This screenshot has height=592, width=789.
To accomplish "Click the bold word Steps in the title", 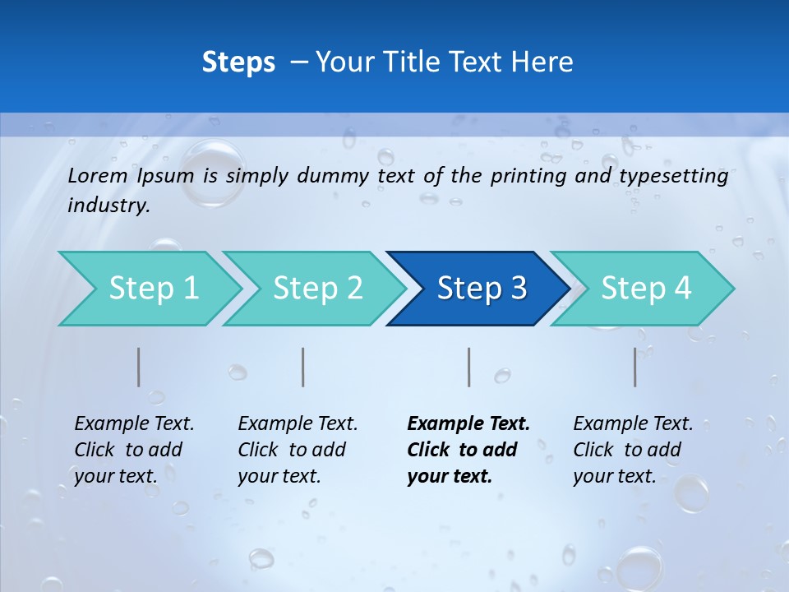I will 238,62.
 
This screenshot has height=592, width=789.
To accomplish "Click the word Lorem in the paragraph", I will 98,175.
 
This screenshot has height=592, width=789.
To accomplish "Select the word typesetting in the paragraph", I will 673,175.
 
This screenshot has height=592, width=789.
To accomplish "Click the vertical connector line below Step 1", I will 139,367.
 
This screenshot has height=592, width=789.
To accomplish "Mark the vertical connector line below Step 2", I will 303,367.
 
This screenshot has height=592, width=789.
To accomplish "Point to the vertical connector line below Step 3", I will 469,367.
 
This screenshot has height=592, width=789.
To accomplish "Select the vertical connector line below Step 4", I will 635,367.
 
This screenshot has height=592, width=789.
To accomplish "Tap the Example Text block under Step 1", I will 134,450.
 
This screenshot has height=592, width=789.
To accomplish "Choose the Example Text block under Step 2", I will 298,450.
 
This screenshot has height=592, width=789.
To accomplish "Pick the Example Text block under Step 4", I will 633,450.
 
